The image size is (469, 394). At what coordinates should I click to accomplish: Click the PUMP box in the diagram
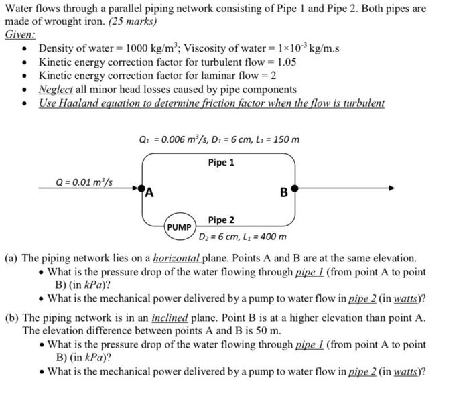pyautogui.click(x=180, y=227)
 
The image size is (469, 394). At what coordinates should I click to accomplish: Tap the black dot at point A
pyautogui.click(x=142, y=188)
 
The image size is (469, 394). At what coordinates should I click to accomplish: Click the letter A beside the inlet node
pyautogui.click(x=150, y=194)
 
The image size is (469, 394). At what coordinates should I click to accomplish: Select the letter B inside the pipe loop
pyautogui.click(x=284, y=194)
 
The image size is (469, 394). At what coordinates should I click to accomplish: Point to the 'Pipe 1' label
pyautogui.click(x=221, y=163)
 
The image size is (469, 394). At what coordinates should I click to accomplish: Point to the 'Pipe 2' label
pyautogui.click(x=221, y=220)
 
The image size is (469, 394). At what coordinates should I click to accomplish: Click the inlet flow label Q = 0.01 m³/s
pyautogui.click(x=84, y=182)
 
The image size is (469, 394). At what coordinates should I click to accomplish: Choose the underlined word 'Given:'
pyautogui.click(x=20, y=34)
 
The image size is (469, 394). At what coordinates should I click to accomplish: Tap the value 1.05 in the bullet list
pyautogui.click(x=283, y=62)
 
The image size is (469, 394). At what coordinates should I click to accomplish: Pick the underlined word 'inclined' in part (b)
pyautogui.click(x=169, y=318)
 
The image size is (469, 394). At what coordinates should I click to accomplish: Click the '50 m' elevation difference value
pyautogui.click(x=266, y=331)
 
